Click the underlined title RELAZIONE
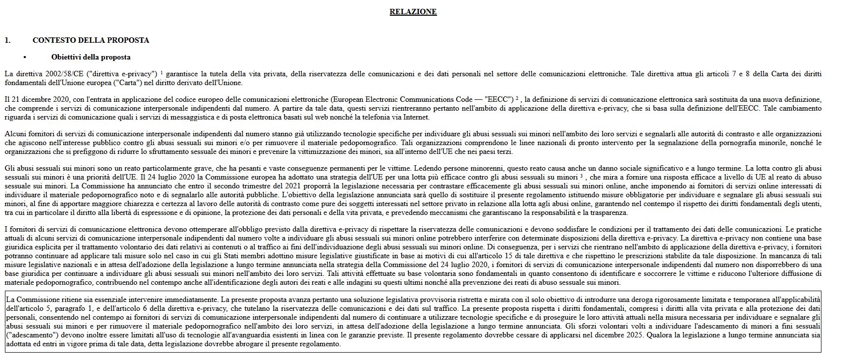413,12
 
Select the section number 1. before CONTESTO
7,40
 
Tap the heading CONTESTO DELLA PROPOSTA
91,40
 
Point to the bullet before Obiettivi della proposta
25,58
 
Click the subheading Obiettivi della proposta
91,57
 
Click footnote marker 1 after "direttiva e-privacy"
162,72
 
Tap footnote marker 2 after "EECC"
517,98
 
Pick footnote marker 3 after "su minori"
581,176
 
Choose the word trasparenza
608,212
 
